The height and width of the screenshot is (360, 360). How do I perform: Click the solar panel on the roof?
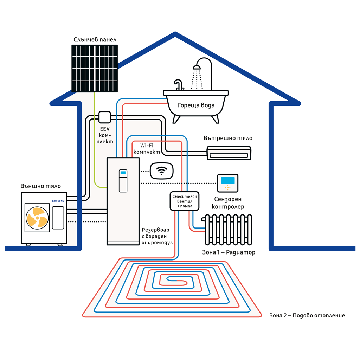(95, 69)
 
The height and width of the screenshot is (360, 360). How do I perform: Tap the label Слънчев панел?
(95, 40)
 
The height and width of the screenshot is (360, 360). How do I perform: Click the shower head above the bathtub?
(197, 67)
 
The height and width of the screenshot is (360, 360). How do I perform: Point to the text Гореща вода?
(196, 105)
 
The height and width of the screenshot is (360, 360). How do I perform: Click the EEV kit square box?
(105, 117)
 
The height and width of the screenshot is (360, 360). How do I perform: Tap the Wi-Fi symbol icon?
(162, 171)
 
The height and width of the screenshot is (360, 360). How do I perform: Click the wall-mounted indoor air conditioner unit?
(229, 153)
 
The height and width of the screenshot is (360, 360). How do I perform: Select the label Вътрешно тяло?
(228, 138)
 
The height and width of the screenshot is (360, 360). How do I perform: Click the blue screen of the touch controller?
(228, 180)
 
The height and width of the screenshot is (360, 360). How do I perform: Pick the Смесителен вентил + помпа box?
(185, 201)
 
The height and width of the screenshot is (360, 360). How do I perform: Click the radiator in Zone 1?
(227, 230)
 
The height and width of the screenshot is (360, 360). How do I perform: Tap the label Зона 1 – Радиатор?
(229, 252)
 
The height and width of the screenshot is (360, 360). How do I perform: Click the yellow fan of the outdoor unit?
(37, 218)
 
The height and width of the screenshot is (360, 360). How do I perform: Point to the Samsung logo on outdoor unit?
(58, 201)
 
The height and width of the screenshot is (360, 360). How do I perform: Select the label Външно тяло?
(41, 186)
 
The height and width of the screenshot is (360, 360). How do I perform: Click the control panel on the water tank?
(123, 181)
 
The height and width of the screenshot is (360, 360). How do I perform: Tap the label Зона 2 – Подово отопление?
(307, 315)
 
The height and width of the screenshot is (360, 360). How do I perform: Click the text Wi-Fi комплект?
(147, 149)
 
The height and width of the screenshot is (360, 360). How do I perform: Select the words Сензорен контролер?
(228, 203)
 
